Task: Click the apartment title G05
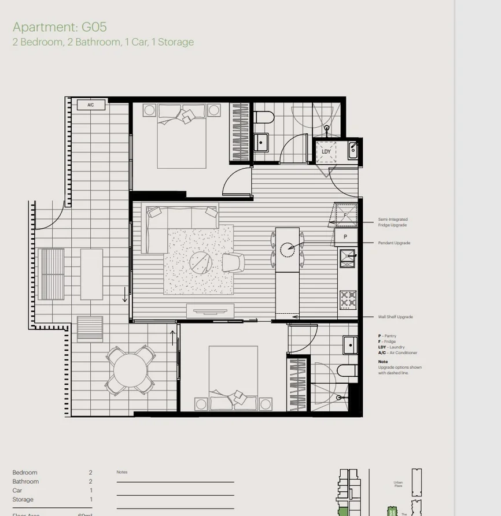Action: [x=60, y=27]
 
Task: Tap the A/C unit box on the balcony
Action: [x=91, y=105]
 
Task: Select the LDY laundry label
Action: [x=326, y=152]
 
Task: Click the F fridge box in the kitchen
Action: [x=345, y=216]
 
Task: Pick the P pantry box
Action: [x=345, y=236]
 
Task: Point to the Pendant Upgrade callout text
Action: [x=394, y=243]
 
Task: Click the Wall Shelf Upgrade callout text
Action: [x=395, y=317]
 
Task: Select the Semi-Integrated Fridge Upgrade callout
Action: [x=393, y=222]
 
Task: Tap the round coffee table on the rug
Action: [x=201, y=263]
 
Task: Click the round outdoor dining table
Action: [x=130, y=370]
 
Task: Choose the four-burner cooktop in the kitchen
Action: [x=348, y=299]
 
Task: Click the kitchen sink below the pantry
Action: [x=347, y=257]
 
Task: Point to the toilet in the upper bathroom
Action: [x=264, y=118]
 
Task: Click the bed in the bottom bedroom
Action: [x=233, y=378]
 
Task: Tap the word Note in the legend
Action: [x=383, y=362]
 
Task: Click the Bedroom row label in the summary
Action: [x=25, y=473]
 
